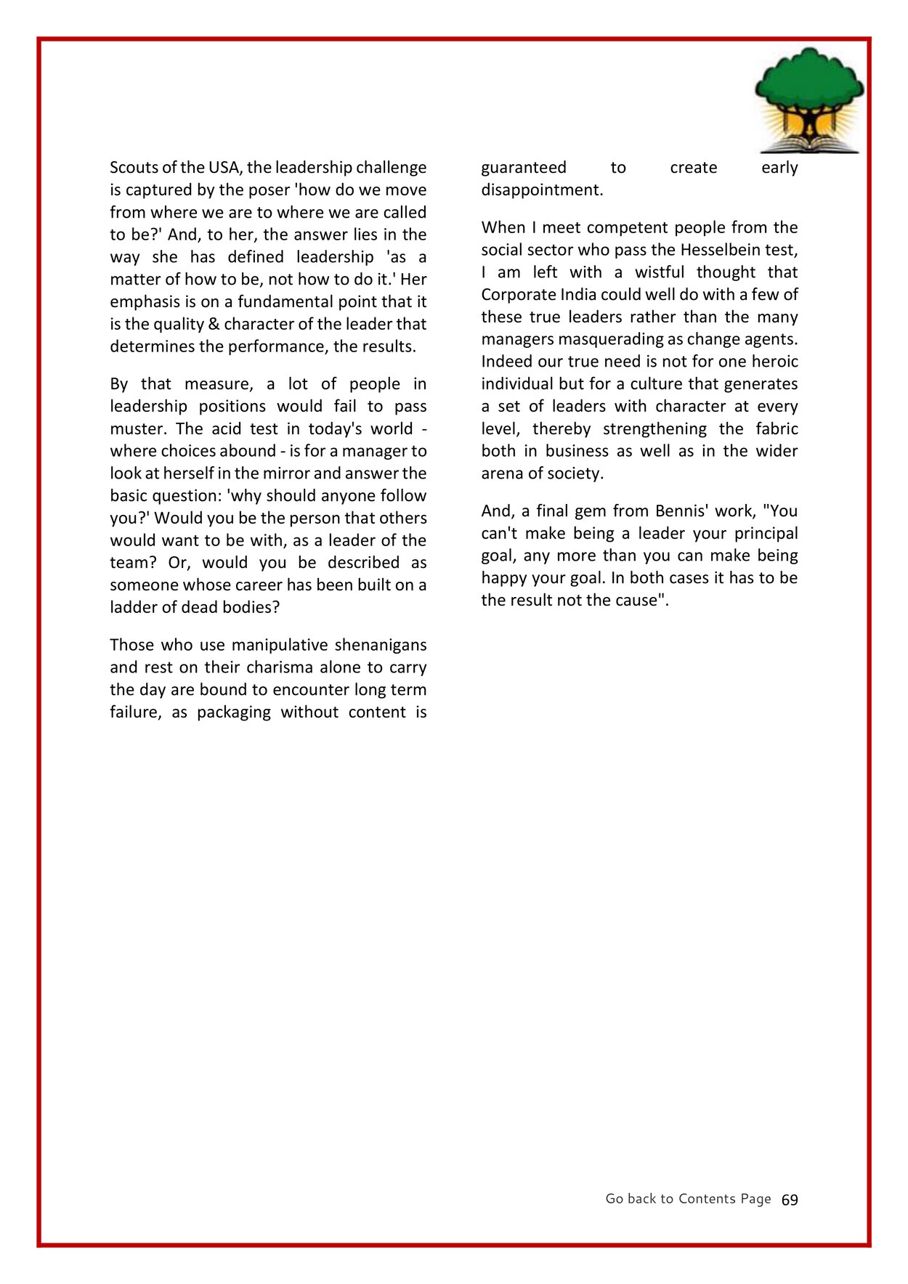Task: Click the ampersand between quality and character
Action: pos(214,324)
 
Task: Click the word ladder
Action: pos(134,607)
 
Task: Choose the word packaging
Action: pos(233,712)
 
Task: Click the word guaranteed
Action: pos(524,168)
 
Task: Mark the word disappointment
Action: pos(542,190)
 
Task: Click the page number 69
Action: pos(790,1200)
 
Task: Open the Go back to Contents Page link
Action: pos(688,1199)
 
